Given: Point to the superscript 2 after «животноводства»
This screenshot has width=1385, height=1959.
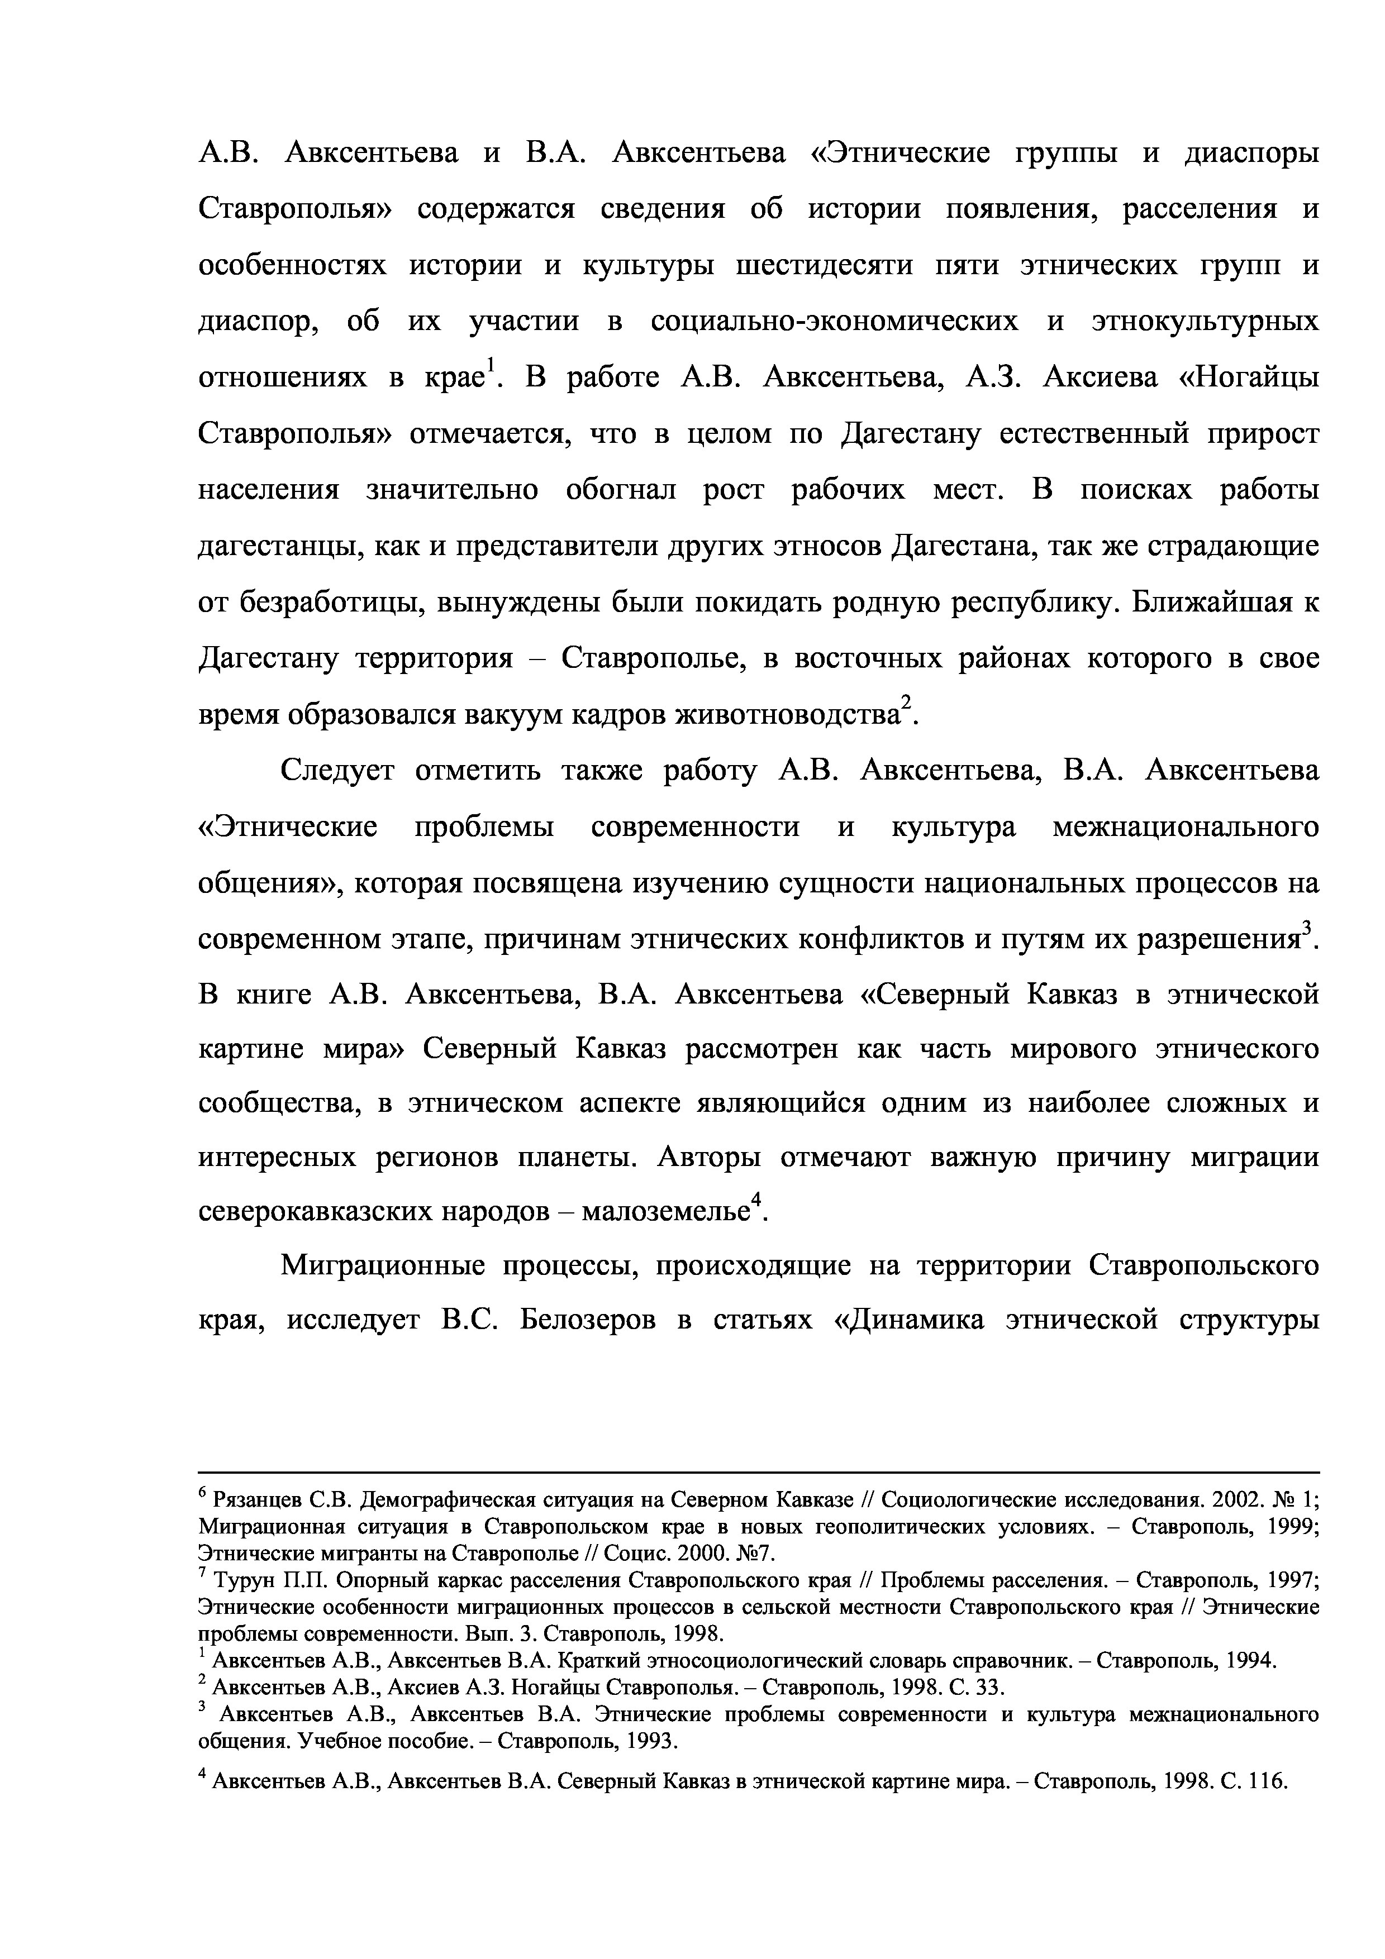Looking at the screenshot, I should click(x=907, y=702).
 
